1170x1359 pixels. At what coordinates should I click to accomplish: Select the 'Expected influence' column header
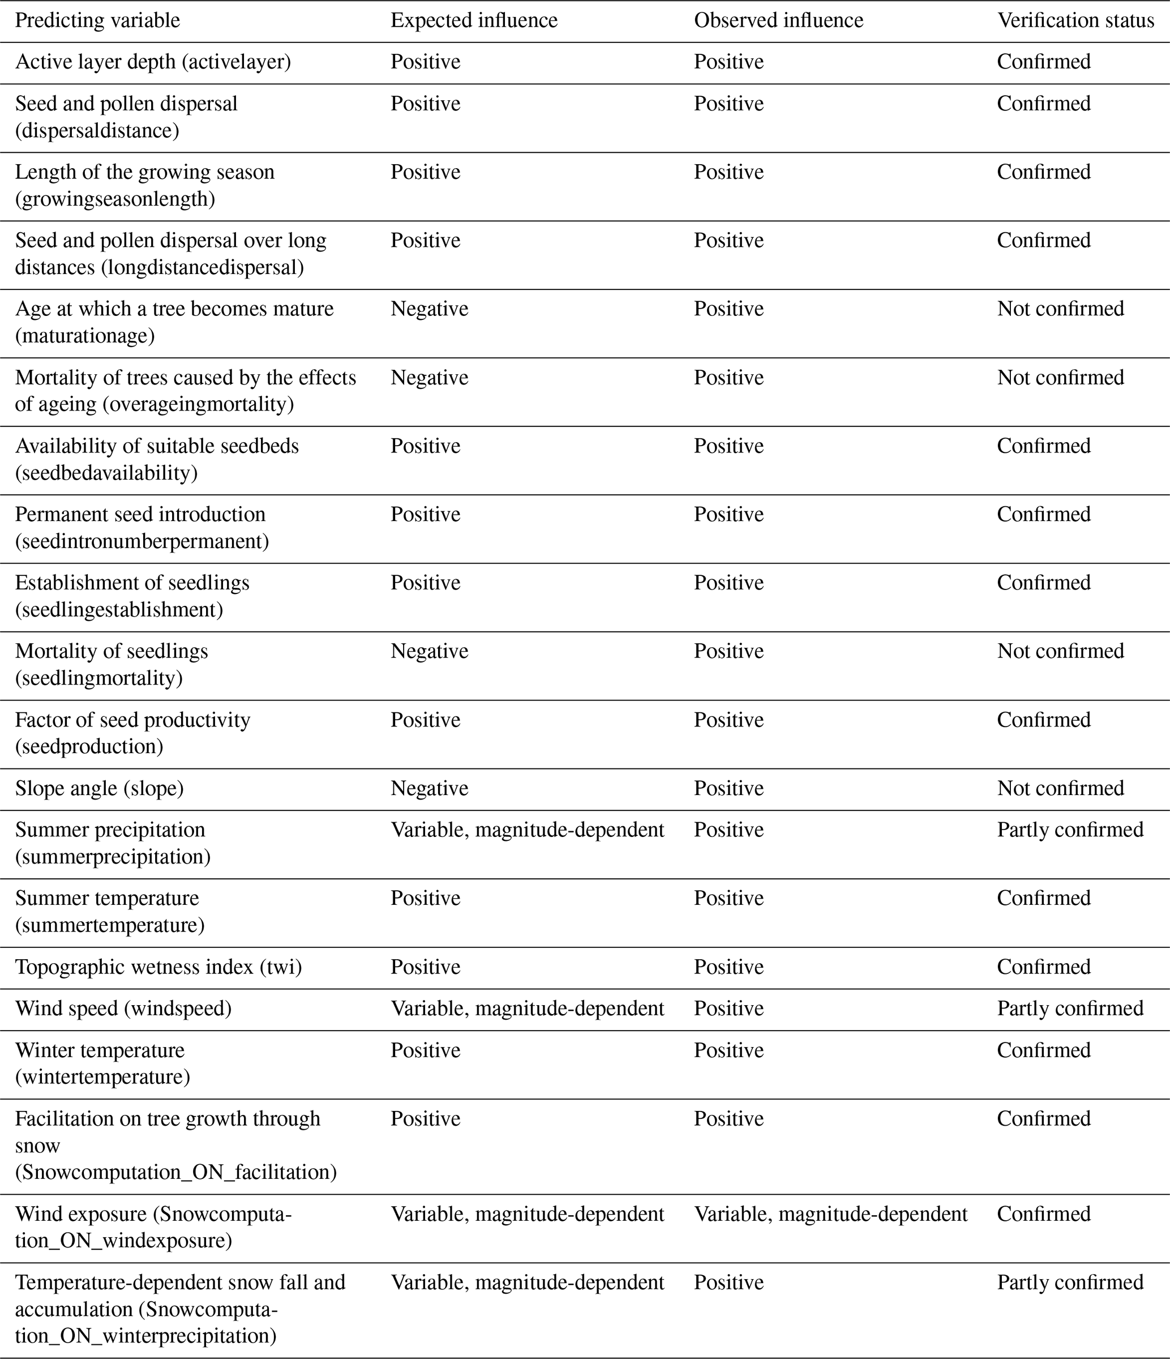point(474,21)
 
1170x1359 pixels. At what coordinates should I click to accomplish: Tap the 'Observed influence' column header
point(778,21)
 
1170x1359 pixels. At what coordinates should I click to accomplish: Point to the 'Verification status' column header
point(1075,21)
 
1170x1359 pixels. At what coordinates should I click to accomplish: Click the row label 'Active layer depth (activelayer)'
point(153,62)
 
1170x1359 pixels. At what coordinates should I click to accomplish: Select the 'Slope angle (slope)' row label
point(99,788)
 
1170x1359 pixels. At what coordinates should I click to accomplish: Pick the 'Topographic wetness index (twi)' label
point(158,967)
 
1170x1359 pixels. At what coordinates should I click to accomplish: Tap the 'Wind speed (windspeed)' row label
point(123,1008)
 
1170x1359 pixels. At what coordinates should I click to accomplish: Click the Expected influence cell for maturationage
point(429,309)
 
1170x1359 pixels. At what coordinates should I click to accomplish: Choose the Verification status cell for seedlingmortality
point(1060,651)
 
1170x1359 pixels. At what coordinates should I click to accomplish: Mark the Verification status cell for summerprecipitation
point(1070,830)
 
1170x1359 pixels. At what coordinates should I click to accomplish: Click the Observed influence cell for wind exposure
point(830,1215)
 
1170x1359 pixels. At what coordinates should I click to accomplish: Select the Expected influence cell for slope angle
point(429,788)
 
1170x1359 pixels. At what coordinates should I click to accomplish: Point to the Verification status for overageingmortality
point(1060,378)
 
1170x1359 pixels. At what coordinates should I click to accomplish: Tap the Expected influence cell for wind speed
point(527,1008)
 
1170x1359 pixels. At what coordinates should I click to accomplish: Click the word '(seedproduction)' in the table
point(89,747)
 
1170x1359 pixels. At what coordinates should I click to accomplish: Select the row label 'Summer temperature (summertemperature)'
point(109,912)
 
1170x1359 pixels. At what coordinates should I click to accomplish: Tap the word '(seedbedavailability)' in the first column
point(106,473)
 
